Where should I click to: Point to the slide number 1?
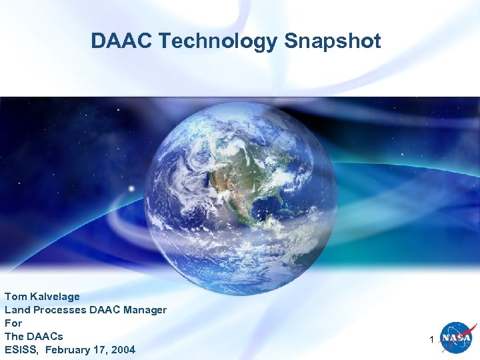[433, 340]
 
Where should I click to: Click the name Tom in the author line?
[15, 296]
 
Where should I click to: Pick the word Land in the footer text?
[16, 309]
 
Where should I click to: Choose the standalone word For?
[13, 323]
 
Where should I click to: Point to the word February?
[69, 349]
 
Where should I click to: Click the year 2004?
[123, 349]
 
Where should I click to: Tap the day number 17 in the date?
[101, 349]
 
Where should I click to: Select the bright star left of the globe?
[131, 189]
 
